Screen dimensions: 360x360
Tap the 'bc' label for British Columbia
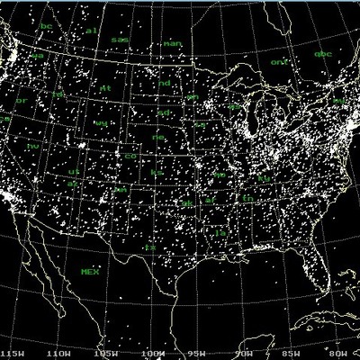(x=46, y=26)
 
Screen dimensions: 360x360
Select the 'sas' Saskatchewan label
(x=120, y=40)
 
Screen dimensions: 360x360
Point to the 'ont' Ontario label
(x=279, y=62)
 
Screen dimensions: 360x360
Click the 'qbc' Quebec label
(x=322, y=54)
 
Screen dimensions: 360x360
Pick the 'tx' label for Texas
(x=151, y=246)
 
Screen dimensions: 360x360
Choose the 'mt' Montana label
(x=105, y=88)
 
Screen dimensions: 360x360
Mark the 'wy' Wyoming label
(x=101, y=122)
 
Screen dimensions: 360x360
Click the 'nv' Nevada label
(x=33, y=145)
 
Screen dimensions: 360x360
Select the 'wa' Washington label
(x=38, y=56)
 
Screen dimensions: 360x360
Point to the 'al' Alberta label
(x=90, y=31)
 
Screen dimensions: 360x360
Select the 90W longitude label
(x=243, y=354)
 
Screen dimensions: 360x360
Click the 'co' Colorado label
(x=130, y=157)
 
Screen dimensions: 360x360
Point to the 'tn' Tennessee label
(x=246, y=197)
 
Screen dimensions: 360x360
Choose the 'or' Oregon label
(x=22, y=101)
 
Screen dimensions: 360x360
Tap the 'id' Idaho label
(x=58, y=94)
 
